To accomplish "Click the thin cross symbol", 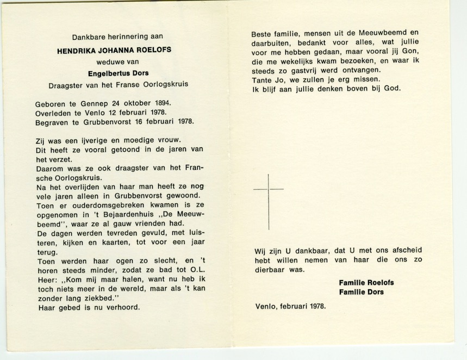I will [x=269, y=201].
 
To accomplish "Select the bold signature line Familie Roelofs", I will [x=366, y=283].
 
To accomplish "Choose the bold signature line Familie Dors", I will [x=361, y=292].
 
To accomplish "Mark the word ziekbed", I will [x=102, y=299].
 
